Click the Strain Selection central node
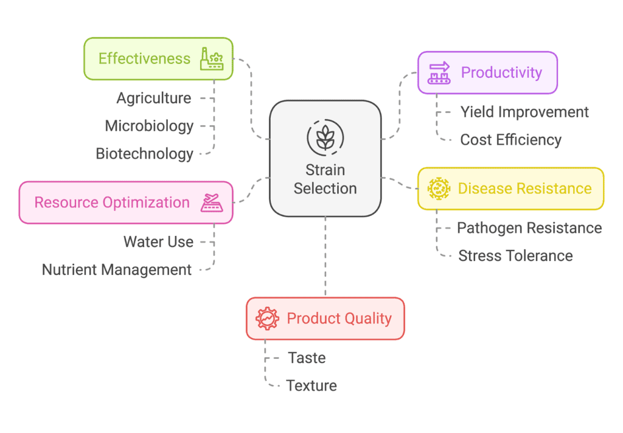[x=325, y=159]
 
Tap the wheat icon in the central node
[x=325, y=137]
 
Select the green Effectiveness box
[x=158, y=59]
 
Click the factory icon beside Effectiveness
[x=211, y=59]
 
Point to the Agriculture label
[x=154, y=98]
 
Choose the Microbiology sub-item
[x=149, y=126]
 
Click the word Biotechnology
[x=145, y=154]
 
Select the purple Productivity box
[x=487, y=73]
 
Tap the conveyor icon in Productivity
[x=439, y=73]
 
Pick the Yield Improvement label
[x=524, y=112]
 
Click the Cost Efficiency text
[x=511, y=140]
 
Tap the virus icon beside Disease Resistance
[x=439, y=189]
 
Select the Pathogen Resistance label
[x=529, y=228]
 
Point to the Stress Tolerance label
[x=515, y=256]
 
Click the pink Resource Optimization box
[x=126, y=203]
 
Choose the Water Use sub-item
[x=159, y=242]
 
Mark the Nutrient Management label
[x=117, y=270]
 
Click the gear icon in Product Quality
[x=268, y=319]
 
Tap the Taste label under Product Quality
[x=307, y=358]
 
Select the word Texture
[x=311, y=386]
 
